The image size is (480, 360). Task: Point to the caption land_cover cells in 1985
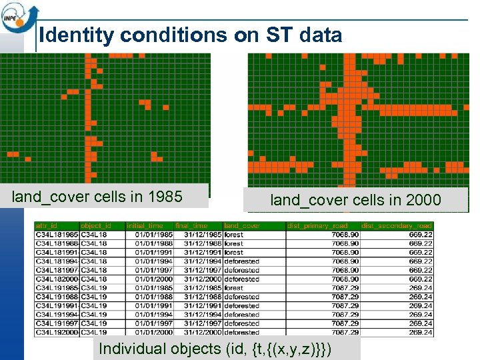(x=97, y=197)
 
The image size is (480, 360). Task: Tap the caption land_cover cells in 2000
(x=355, y=199)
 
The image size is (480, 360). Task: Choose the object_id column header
(x=96, y=226)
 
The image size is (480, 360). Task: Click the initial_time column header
(x=144, y=226)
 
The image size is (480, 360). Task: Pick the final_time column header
(x=192, y=226)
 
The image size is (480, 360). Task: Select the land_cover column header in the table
(x=241, y=226)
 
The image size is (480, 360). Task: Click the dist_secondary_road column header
(x=396, y=226)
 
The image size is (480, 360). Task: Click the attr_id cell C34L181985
(x=57, y=235)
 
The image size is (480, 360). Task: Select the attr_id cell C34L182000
(x=57, y=279)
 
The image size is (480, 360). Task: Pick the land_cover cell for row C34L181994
(x=241, y=262)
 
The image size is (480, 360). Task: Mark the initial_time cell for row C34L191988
(x=153, y=297)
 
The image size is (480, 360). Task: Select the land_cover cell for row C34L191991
(x=241, y=305)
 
